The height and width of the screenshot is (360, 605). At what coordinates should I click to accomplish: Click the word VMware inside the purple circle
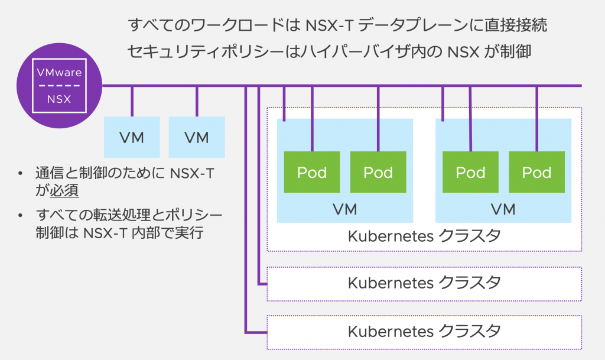[59, 73]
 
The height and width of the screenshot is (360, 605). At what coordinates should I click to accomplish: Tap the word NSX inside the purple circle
[59, 99]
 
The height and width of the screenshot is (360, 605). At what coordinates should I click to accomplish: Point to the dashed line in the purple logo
[59, 86]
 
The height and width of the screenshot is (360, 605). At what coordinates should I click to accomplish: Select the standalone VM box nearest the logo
[132, 138]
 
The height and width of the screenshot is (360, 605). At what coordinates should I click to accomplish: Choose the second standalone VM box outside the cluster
[197, 138]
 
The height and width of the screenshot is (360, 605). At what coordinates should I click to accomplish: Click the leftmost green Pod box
[312, 172]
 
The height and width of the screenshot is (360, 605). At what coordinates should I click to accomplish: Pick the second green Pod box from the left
[378, 172]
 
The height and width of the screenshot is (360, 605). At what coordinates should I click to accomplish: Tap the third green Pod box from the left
[470, 172]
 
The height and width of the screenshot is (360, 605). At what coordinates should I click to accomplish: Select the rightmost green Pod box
[536, 172]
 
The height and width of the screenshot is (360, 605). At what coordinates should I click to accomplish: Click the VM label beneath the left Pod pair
[344, 209]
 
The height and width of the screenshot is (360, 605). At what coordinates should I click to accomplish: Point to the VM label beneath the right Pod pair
[503, 209]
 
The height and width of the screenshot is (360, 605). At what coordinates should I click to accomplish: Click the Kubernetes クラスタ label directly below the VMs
[424, 236]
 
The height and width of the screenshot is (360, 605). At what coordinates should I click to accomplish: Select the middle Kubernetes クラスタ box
[424, 283]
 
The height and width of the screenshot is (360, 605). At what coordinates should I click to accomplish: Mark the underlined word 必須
[65, 191]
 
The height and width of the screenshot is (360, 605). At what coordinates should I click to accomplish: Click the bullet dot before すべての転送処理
[21, 214]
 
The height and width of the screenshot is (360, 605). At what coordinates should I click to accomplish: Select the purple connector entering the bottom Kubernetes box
[256, 332]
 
